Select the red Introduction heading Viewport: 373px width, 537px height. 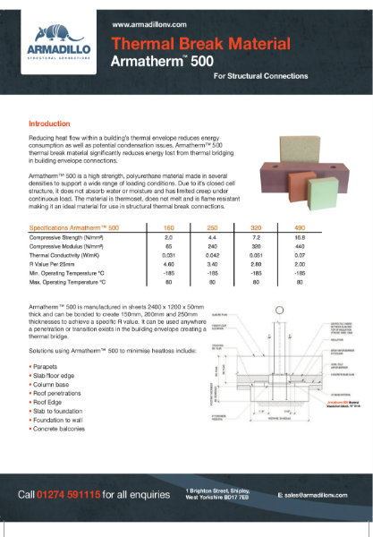[50, 124]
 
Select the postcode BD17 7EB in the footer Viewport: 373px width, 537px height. [237, 498]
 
